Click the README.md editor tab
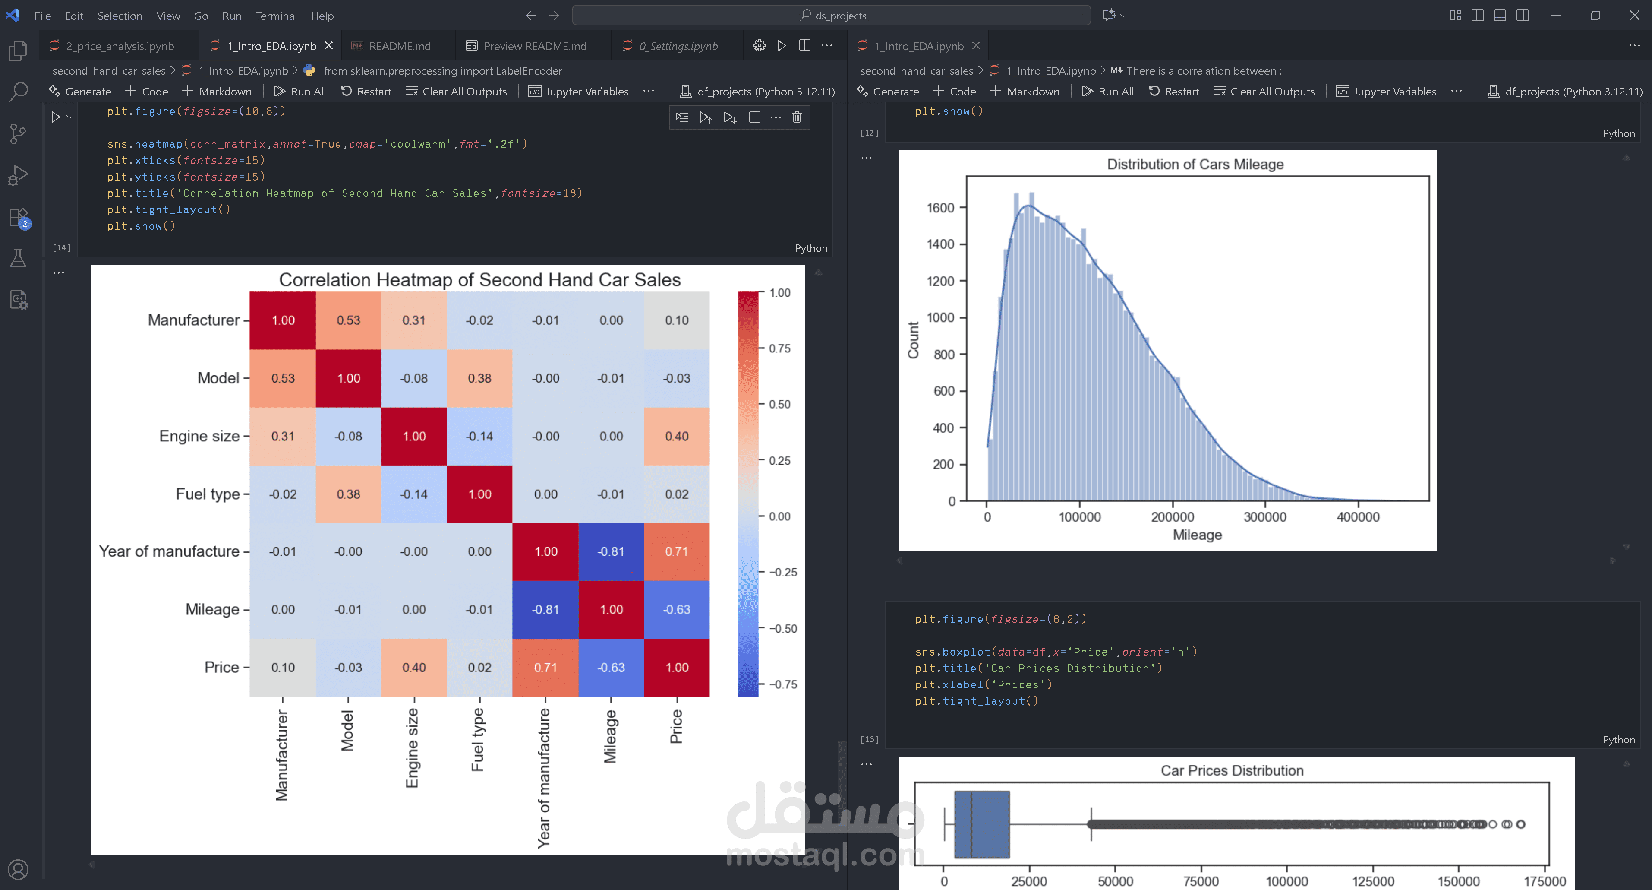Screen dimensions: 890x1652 [x=399, y=46]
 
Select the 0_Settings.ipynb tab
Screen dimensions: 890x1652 [x=678, y=46]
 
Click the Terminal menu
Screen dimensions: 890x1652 [x=276, y=16]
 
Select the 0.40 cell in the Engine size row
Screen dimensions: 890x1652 [x=677, y=436]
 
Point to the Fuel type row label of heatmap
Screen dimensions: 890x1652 [x=207, y=494]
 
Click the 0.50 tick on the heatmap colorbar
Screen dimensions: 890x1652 [x=779, y=404]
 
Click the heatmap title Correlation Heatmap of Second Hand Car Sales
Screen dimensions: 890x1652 [x=480, y=280]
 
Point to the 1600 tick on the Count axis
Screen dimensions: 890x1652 [x=940, y=208]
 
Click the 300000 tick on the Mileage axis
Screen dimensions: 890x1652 [x=1264, y=517]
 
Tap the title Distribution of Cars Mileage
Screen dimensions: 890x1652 [x=1195, y=164]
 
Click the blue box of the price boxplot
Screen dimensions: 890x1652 [x=982, y=824]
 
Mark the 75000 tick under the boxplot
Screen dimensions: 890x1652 [x=1201, y=881]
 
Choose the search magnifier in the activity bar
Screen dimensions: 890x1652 [x=18, y=92]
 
